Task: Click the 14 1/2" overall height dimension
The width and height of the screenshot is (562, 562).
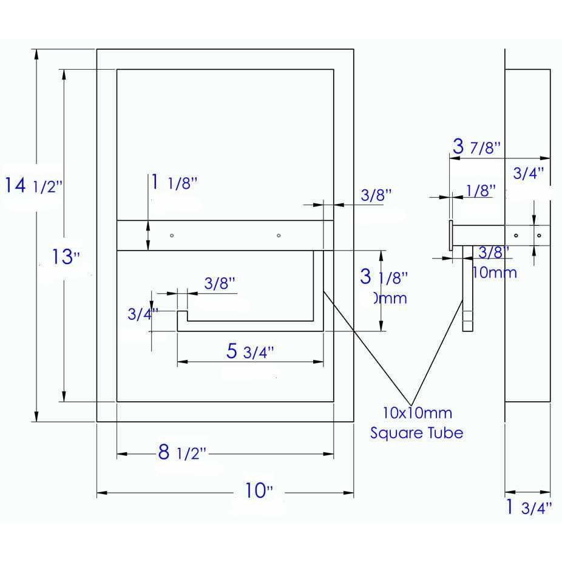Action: click(33, 185)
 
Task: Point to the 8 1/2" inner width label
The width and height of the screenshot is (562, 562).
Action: click(182, 453)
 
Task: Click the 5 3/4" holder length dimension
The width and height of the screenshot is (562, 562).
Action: click(250, 351)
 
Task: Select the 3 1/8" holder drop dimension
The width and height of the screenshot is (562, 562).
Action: click(384, 277)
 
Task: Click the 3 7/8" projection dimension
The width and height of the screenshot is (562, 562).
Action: click(476, 146)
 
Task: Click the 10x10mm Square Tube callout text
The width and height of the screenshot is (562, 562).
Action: click(417, 423)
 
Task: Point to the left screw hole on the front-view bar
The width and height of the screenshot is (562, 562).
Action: click(172, 235)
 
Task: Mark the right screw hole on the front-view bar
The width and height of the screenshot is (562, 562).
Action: click(278, 235)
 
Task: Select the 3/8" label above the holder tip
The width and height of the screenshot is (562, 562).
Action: click(219, 283)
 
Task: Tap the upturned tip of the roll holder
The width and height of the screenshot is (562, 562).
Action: click(181, 317)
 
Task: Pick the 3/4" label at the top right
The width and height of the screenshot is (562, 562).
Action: click(528, 174)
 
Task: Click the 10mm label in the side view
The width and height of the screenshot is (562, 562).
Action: click(494, 273)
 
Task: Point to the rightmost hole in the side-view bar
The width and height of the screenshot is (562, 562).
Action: click(539, 235)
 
